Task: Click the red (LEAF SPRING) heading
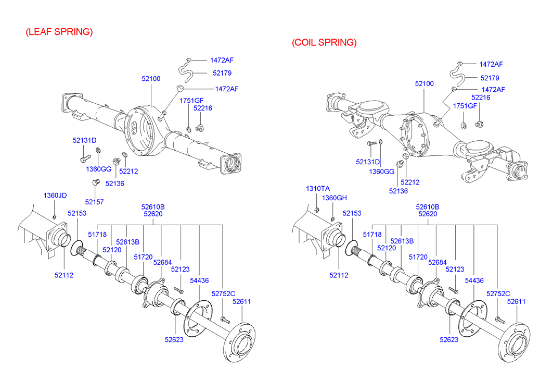59,32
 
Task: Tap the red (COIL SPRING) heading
324,42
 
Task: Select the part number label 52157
95,202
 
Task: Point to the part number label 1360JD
55,195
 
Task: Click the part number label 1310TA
317,188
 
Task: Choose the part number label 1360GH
333,198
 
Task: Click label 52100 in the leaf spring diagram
151,79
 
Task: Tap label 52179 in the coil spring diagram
490,78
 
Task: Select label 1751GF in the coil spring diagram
465,106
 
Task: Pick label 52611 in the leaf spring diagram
241,301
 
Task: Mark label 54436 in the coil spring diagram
474,280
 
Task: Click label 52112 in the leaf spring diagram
63,275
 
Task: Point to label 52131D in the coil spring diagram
368,162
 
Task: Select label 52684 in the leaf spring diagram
162,262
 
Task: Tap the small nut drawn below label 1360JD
55,216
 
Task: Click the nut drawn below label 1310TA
316,210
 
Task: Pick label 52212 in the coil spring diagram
410,182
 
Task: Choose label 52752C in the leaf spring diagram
223,294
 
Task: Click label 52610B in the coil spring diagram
428,206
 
